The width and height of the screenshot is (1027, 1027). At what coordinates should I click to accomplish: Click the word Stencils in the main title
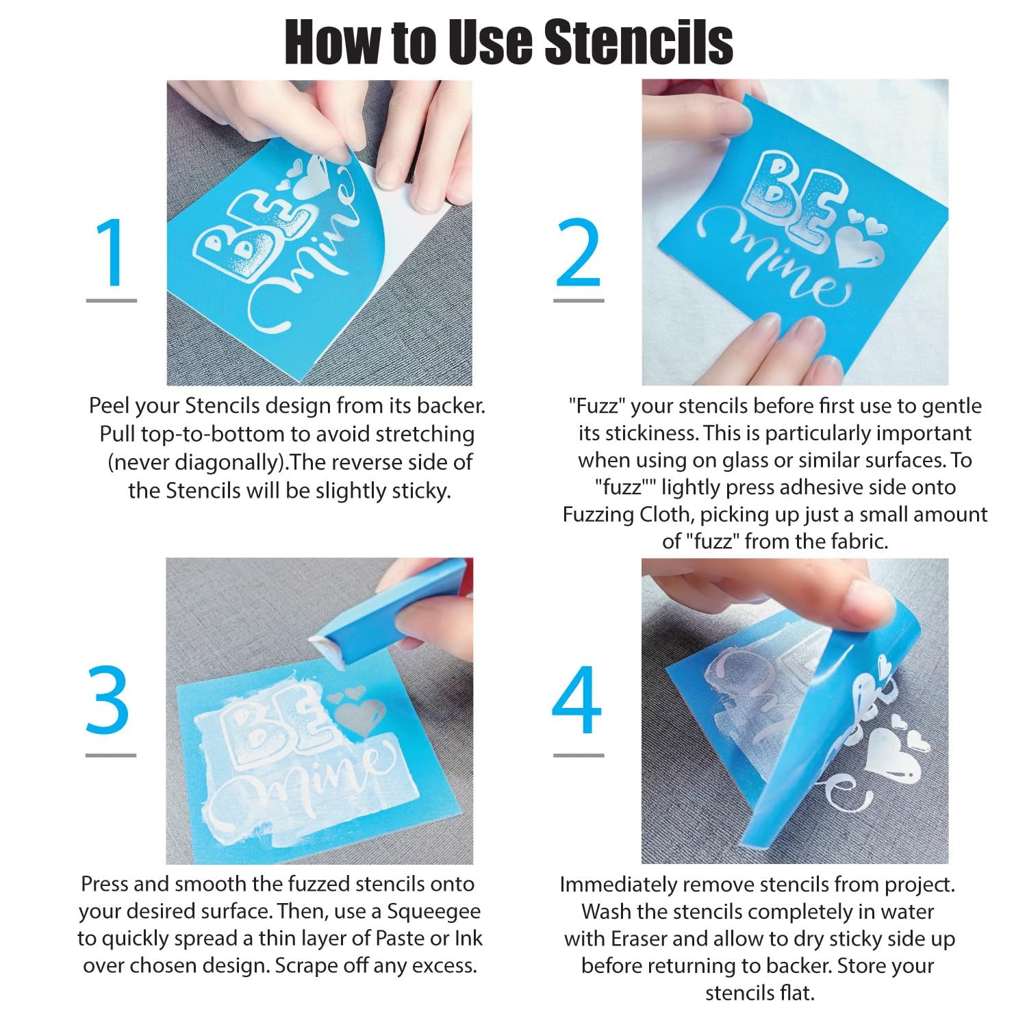(639, 42)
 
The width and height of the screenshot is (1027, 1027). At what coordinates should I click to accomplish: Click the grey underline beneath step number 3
(111, 755)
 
